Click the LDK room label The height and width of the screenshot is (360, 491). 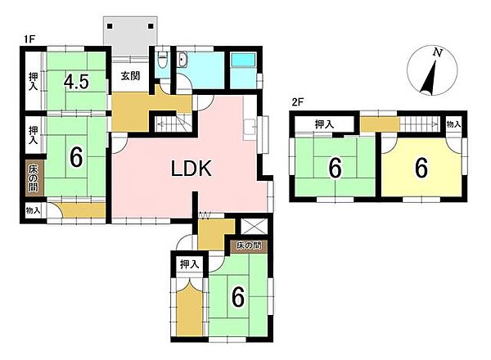pos(191,169)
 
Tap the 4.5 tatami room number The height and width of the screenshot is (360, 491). pos(76,82)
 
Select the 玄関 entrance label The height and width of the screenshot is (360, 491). pos(130,76)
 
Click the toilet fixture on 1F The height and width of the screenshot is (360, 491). pos(162,60)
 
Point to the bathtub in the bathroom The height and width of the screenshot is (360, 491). pos(243,60)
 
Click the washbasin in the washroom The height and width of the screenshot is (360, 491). pos(182,60)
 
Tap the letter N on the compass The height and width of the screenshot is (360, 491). pos(438,52)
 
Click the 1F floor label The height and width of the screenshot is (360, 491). pos(29,39)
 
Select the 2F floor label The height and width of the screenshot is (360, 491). pos(298,102)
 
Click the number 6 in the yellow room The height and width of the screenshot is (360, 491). pos(421,168)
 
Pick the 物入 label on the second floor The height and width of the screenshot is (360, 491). pos(453,124)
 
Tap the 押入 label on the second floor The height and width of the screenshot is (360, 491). pos(324,124)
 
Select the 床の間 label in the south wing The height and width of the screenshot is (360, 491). pos(249,245)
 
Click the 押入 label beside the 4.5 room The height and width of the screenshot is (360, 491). pos(34,81)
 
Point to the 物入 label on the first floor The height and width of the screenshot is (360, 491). pos(33,210)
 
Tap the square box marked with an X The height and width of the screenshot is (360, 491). pos(254,227)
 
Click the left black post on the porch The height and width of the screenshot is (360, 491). pos(110,26)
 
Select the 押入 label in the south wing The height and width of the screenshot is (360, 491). pos(190,264)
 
